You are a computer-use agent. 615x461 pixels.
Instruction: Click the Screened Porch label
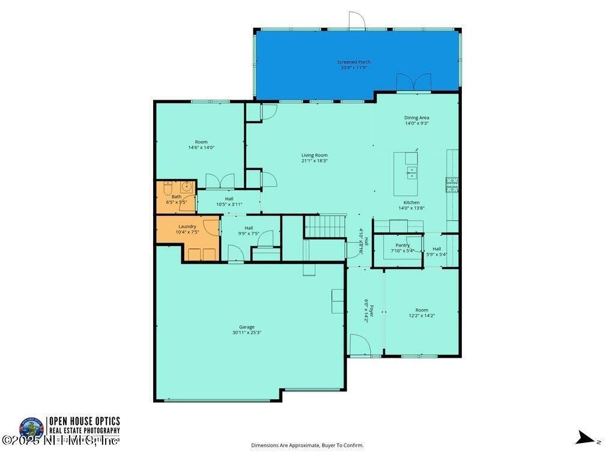[x=353, y=62]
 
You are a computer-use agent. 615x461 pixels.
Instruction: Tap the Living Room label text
[x=314, y=155]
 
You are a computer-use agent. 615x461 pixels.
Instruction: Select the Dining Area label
[x=416, y=118]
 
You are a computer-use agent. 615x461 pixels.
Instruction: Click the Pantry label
[x=402, y=245]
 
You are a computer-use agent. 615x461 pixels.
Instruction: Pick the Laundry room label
[x=187, y=226]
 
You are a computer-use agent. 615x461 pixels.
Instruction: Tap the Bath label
[x=176, y=196]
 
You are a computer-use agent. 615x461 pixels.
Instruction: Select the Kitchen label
[x=411, y=202]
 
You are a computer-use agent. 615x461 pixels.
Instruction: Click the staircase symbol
[x=324, y=226]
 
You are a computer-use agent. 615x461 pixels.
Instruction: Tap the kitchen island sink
[x=412, y=173]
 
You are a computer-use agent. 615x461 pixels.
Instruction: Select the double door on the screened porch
[x=414, y=82]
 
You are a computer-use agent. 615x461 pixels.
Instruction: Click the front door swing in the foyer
[x=360, y=345]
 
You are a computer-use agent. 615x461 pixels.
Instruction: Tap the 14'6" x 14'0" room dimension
[x=201, y=148]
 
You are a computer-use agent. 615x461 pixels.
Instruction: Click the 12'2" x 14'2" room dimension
[x=422, y=316]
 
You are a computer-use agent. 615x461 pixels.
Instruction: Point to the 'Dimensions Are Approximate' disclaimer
[x=307, y=445]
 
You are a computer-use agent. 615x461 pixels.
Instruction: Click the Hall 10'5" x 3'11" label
[x=229, y=201]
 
